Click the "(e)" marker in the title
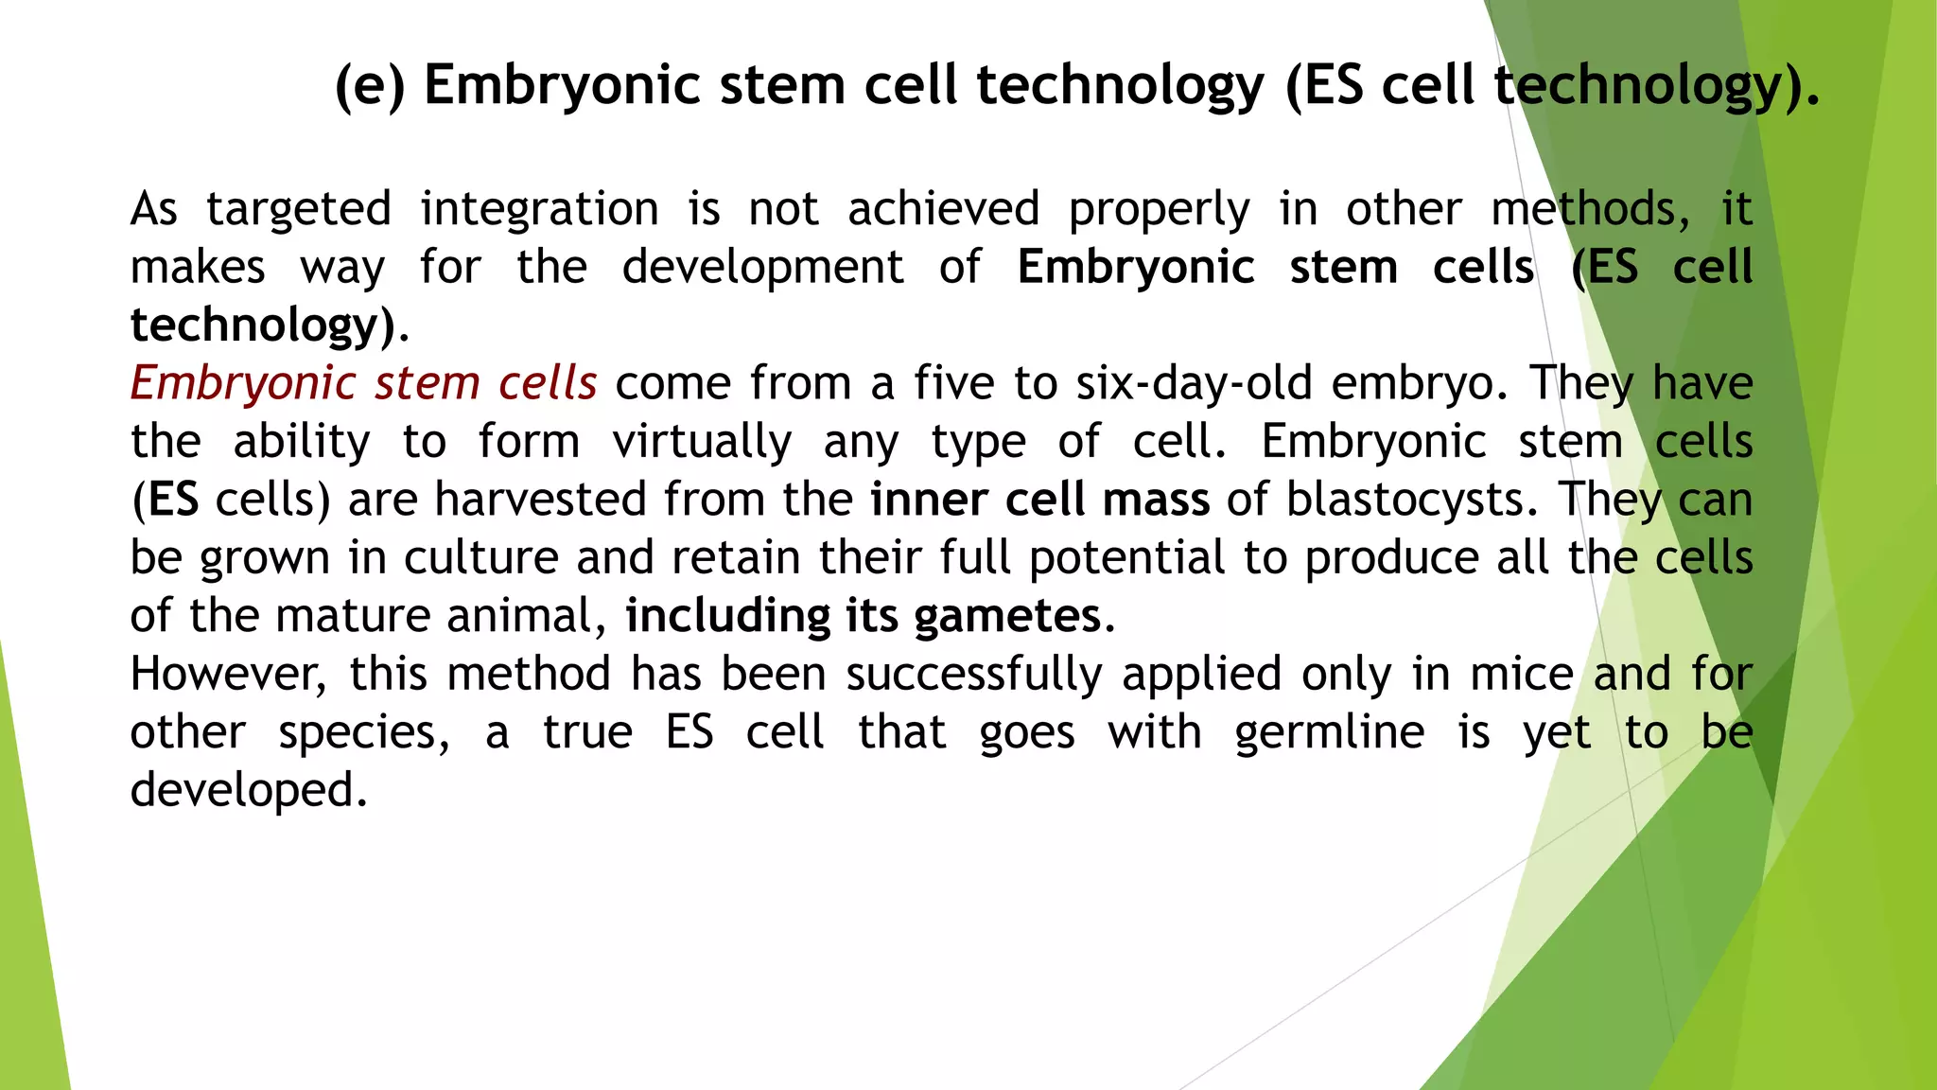tap(370, 86)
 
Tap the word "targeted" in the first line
tap(298, 210)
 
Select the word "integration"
tap(539, 210)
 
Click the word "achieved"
tap(943, 210)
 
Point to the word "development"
tap(762, 268)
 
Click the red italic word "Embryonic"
tap(242, 384)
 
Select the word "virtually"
tap(701, 443)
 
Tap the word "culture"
tap(481, 558)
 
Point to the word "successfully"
tap(973, 675)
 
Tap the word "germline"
tap(1329, 733)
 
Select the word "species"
tap(363, 733)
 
